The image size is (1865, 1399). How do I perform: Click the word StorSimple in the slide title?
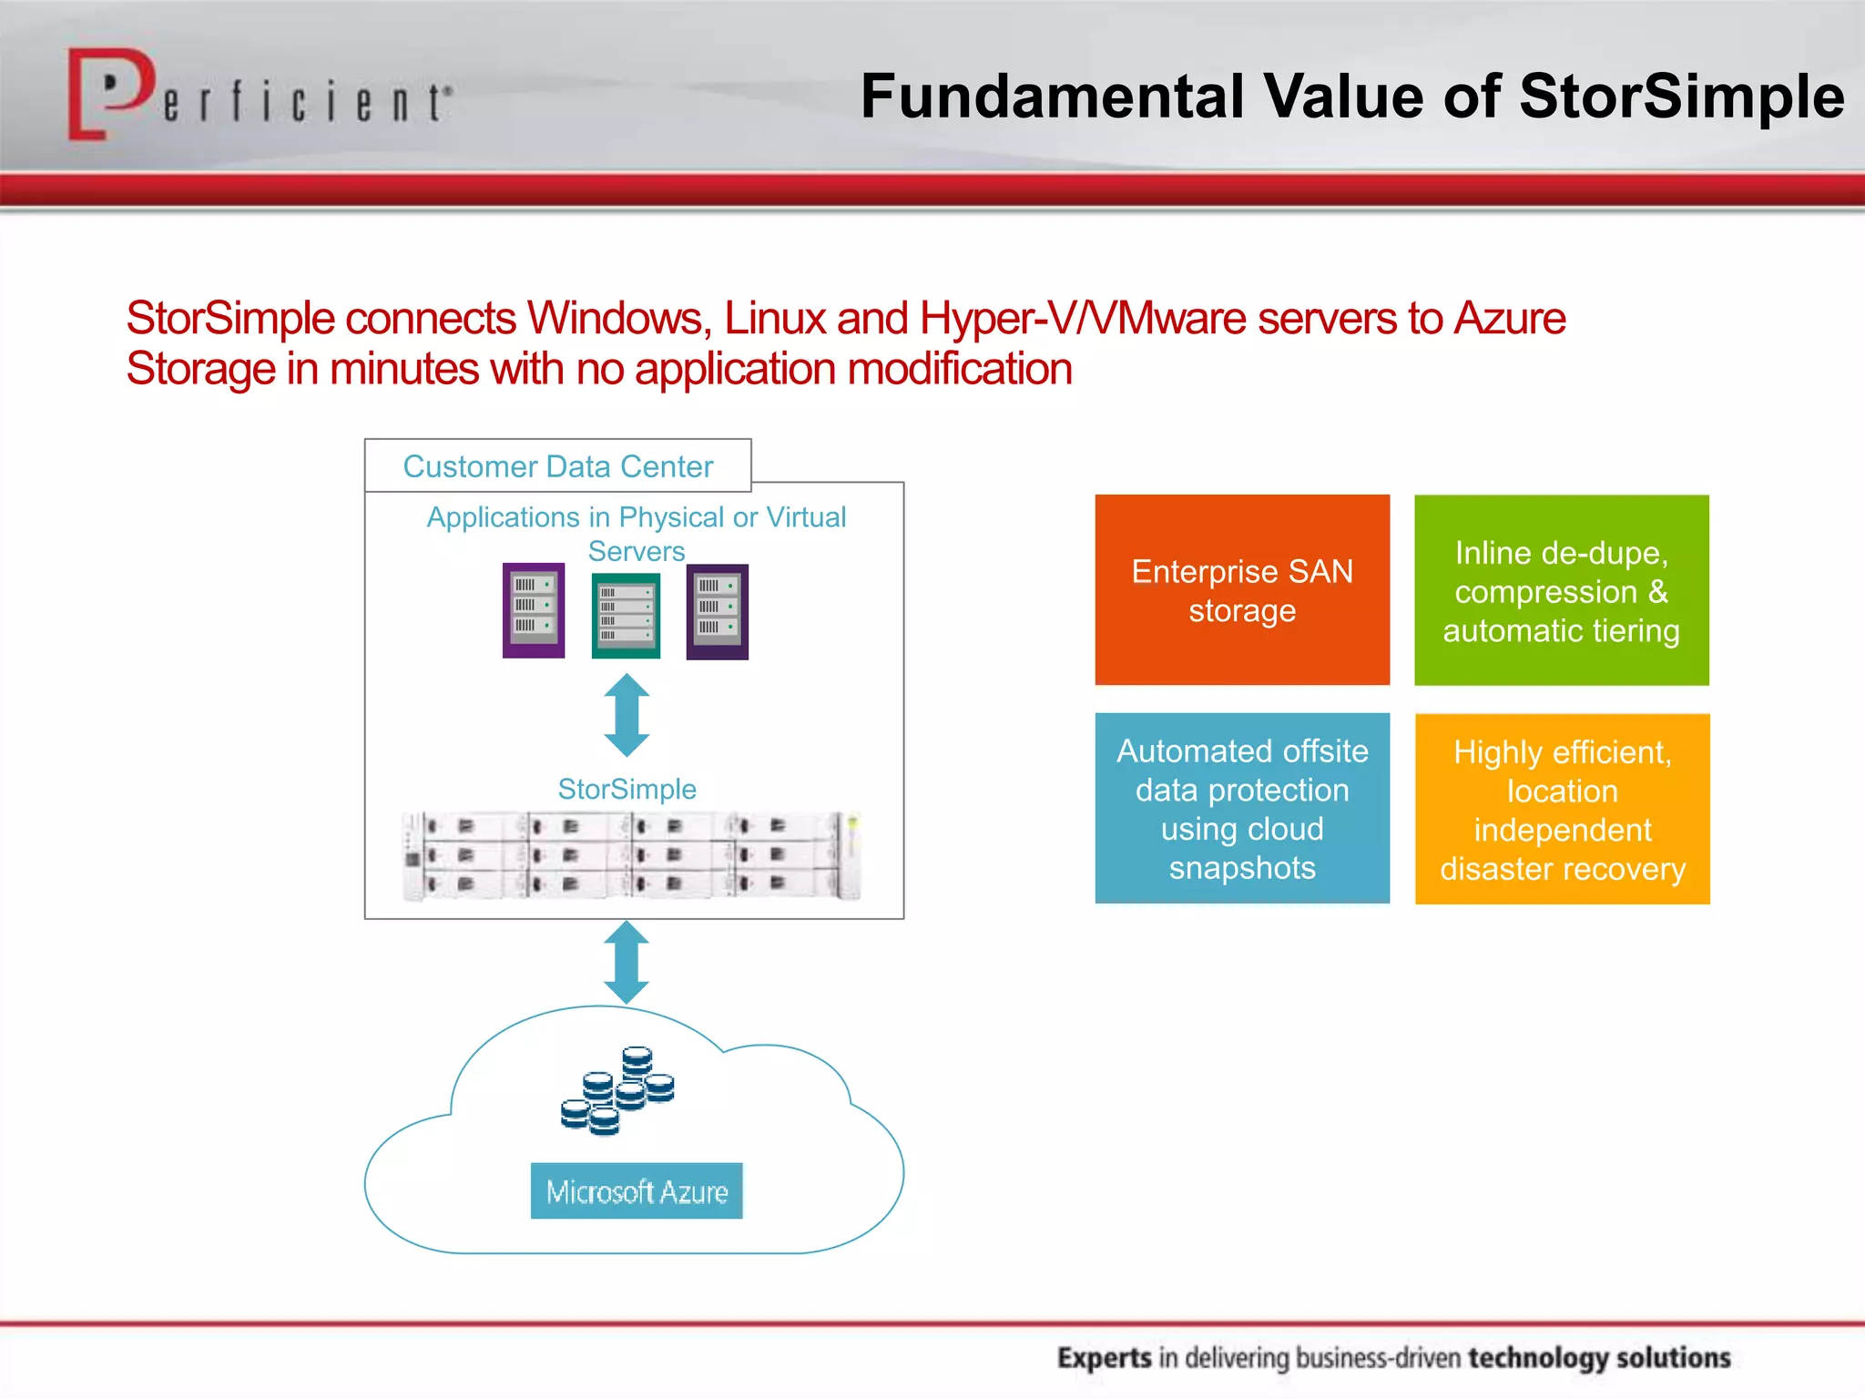[x=1681, y=96]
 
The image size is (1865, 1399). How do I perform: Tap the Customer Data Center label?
[x=557, y=466]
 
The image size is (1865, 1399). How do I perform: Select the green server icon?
[x=626, y=615]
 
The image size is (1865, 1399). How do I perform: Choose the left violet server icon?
[x=534, y=610]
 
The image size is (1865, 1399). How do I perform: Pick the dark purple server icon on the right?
[x=717, y=611]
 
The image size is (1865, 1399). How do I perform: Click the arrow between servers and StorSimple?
[x=627, y=715]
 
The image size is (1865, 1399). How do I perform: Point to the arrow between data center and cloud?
[x=627, y=962]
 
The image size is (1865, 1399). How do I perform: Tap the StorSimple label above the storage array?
[x=627, y=789]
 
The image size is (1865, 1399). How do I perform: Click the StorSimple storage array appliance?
[x=630, y=855]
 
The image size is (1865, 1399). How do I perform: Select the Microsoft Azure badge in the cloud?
[x=637, y=1190]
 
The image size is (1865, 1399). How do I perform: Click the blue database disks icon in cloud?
[x=618, y=1090]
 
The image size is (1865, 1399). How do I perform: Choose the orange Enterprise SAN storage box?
[x=1242, y=590]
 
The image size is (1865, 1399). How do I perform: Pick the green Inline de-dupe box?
[x=1561, y=590]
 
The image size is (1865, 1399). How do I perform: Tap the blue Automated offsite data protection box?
[x=1242, y=808]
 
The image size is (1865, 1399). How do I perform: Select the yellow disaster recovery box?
[x=1562, y=809]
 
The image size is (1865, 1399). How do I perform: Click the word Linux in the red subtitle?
[x=774, y=319]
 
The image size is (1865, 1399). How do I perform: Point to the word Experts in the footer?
[x=1104, y=1358]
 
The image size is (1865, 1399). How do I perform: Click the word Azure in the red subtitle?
[x=1509, y=319]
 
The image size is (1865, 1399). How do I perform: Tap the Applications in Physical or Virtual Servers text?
[x=636, y=533]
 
